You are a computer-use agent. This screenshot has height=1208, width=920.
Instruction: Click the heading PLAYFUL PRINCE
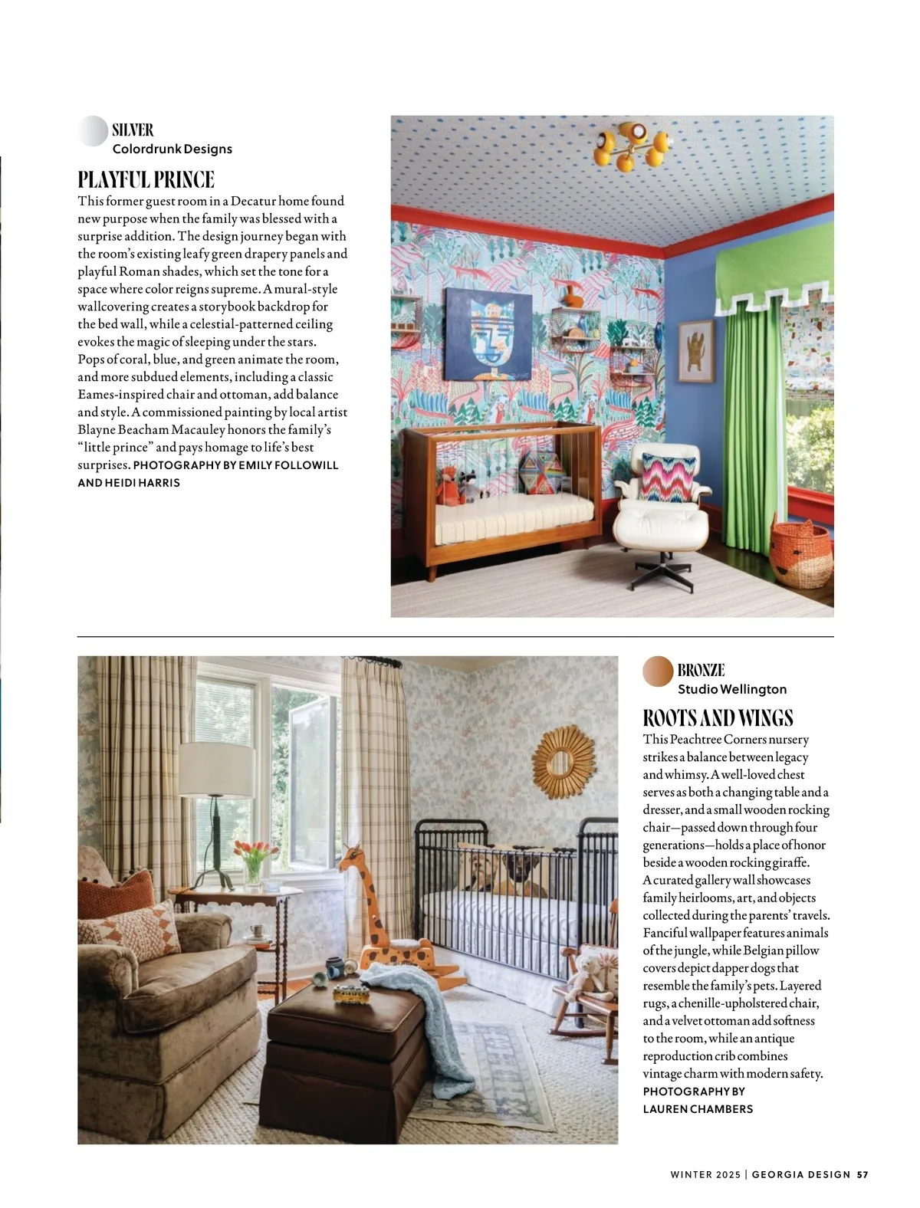146,179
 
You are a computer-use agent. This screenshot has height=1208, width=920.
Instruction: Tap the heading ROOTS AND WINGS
718,718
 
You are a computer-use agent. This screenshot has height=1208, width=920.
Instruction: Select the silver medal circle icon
93,131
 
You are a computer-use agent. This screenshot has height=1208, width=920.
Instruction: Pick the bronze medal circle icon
657,671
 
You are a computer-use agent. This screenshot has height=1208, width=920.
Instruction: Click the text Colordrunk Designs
172,149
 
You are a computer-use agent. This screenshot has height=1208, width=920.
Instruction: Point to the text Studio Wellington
731,689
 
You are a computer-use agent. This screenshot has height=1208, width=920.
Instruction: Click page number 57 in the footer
863,1174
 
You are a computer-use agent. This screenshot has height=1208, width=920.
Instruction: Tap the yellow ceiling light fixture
630,145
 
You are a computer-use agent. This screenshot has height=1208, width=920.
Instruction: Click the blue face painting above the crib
488,333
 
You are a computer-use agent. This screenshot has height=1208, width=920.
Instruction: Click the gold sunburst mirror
563,762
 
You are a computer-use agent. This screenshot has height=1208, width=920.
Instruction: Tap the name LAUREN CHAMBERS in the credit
698,1108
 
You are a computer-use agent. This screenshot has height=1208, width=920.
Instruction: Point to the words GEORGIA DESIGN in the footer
801,1174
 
